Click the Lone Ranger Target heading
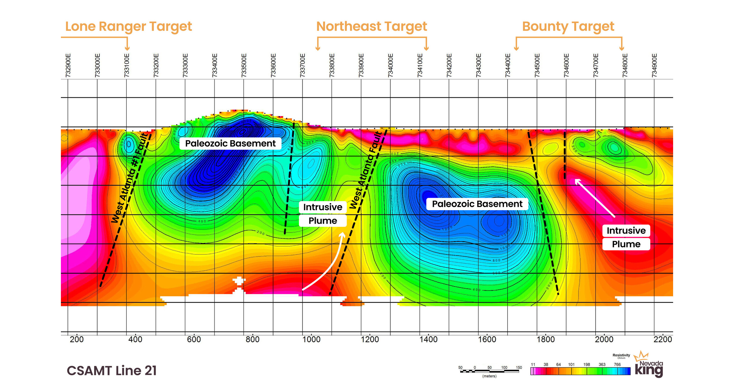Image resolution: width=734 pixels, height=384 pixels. coord(129,26)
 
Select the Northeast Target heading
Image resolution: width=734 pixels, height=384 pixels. coord(372,26)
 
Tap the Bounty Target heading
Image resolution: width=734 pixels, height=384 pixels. coord(568,26)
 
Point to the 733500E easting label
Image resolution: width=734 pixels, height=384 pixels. coord(244,65)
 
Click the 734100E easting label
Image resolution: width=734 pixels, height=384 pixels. coord(420,65)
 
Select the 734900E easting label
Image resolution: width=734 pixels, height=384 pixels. coord(654,65)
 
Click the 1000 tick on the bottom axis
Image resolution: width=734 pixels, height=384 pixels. coord(311,339)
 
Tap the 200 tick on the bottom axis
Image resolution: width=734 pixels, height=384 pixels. coord(77,339)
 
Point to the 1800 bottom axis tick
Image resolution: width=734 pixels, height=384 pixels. coord(546,339)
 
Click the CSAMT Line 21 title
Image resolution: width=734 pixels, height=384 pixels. coord(112,371)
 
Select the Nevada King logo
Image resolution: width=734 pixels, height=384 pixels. coord(649,366)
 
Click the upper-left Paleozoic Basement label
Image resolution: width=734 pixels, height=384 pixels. coord(230,143)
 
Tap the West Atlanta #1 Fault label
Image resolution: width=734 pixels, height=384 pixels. coord(130,178)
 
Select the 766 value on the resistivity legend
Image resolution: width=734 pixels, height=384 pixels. coord(617,364)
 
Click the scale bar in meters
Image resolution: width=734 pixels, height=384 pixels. coord(490,371)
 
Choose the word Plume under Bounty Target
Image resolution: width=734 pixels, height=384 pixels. coord(626,244)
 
